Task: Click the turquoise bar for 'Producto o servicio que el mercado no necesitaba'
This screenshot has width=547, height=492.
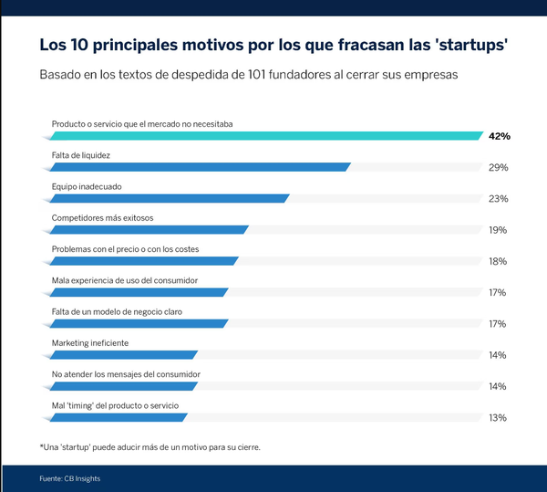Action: [264, 136]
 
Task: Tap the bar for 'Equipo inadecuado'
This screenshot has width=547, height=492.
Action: [168, 198]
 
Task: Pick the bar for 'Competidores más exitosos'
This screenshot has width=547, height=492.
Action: [148, 230]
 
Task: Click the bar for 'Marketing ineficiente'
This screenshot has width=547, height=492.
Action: [122, 355]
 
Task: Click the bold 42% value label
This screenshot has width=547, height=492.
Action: [499, 136]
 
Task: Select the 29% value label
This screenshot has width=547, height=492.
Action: [498, 168]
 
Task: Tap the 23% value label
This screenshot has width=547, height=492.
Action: [498, 199]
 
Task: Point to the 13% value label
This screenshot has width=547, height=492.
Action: [498, 418]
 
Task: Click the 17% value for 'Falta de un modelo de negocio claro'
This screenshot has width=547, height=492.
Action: [498, 324]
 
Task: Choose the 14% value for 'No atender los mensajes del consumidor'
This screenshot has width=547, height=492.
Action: [498, 386]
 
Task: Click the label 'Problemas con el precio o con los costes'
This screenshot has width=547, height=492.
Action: [125, 249]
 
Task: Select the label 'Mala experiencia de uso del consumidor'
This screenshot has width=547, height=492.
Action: [124, 280]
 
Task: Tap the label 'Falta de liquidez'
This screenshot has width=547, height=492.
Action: [81, 155]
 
